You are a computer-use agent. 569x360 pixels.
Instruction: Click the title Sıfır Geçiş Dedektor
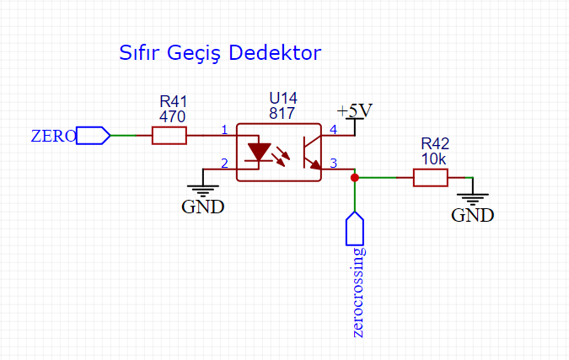[220, 54]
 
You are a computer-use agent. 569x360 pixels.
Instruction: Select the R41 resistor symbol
[169, 135]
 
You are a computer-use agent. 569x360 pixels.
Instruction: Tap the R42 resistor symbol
[430, 178]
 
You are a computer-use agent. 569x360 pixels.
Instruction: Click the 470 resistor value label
[172, 117]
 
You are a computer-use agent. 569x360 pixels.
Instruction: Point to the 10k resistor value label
[435, 159]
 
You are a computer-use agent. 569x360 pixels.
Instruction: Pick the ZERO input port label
[53, 136]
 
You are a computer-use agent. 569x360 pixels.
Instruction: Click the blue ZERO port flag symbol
[94, 135]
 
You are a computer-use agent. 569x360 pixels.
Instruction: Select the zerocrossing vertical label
[361, 292]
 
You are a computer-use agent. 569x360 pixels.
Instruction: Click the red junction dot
[355, 178]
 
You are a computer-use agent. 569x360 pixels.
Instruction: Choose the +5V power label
[354, 111]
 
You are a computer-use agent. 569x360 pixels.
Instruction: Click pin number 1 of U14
[224, 130]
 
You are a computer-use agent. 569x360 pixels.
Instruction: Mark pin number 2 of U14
[224, 163]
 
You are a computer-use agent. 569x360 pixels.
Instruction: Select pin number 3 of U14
[333, 163]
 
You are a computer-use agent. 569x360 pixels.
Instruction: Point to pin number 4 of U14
[333, 130]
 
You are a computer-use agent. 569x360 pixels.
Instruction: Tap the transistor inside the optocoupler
[307, 152]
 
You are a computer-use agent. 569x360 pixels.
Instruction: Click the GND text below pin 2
[203, 207]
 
